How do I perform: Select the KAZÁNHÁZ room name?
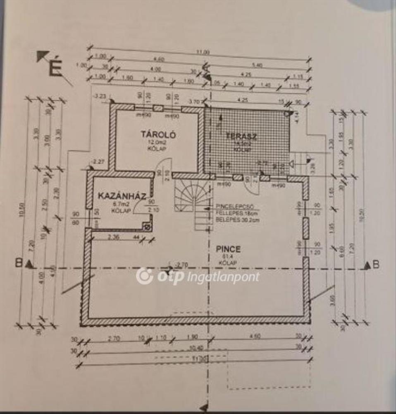click(x=122, y=196)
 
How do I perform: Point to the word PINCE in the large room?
click(x=228, y=249)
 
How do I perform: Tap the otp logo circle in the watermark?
click(x=145, y=276)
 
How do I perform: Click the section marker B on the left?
click(x=18, y=262)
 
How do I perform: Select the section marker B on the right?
click(x=376, y=265)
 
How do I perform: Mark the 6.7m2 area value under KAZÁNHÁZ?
click(x=120, y=205)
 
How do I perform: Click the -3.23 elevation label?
click(x=100, y=97)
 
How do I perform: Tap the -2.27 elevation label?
click(x=98, y=162)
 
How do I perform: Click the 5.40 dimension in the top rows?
click(x=257, y=66)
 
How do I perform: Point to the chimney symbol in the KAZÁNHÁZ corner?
click(x=146, y=226)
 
